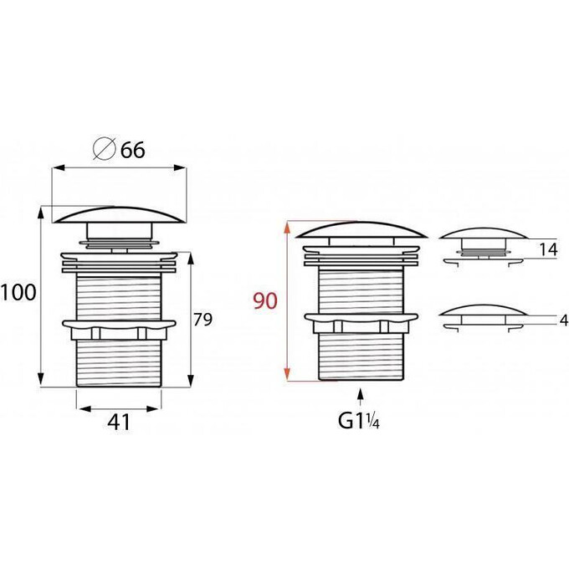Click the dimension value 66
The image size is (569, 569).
click(x=133, y=150)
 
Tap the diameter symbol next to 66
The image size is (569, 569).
click(x=104, y=149)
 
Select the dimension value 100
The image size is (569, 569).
click(x=18, y=293)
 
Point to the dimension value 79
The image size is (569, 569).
click(x=202, y=320)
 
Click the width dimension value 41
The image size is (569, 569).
click(x=119, y=422)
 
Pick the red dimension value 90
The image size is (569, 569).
click(x=265, y=301)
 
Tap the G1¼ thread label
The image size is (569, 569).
click(x=359, y=421)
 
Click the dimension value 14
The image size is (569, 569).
click(x=548, y=249)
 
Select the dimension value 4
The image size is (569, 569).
click(x=564, y=320)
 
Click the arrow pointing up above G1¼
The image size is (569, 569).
click(x=360, y=397)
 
